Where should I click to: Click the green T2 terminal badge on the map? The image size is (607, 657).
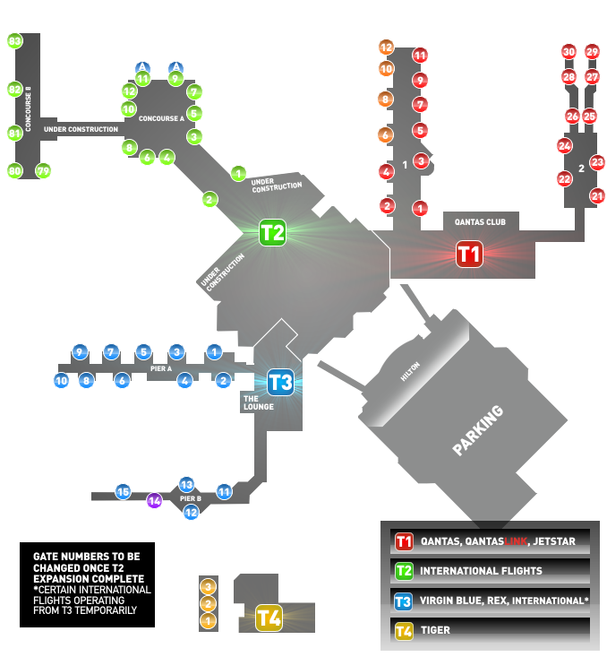click(272, 233)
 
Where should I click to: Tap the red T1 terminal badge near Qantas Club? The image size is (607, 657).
click(469, 254)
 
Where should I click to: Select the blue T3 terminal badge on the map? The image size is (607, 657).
click(280, 382)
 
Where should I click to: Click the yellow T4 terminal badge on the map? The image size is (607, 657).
click(269, 617)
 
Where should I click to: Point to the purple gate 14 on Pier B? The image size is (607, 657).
click(154, 500)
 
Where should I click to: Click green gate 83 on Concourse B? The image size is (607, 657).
click(14, 41)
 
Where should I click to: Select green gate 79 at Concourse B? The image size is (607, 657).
click(42, 170)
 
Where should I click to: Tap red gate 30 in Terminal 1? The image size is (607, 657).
click(569, 52)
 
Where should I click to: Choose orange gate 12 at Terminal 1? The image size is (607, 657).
click(386, 47)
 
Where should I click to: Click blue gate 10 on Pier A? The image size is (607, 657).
click(61, 381)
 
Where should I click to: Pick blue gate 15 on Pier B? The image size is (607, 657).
click(124, 491)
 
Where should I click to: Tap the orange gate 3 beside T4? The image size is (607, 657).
click(208, 586)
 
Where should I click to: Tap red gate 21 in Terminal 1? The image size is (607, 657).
click(597, 195)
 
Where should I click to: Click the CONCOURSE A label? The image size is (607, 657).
click(161, 117)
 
